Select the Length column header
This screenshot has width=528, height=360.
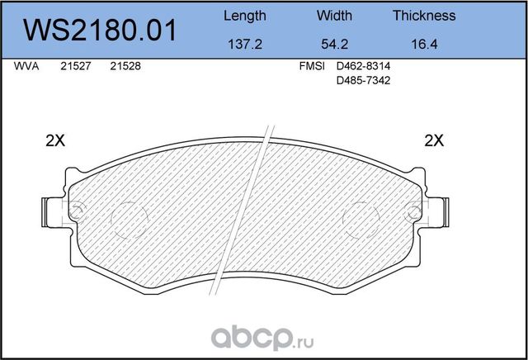245,16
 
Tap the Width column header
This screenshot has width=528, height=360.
334,16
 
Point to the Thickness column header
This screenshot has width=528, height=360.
424,16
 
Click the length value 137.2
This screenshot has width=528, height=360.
244,46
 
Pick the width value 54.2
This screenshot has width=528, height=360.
334,46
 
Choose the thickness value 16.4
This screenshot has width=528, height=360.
424,46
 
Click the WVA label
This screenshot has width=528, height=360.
26,70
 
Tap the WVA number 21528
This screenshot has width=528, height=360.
124,70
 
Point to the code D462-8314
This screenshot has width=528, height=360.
365,70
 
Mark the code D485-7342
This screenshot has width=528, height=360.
365,83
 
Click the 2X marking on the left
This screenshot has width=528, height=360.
54,140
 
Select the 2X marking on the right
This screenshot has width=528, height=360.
433,140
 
